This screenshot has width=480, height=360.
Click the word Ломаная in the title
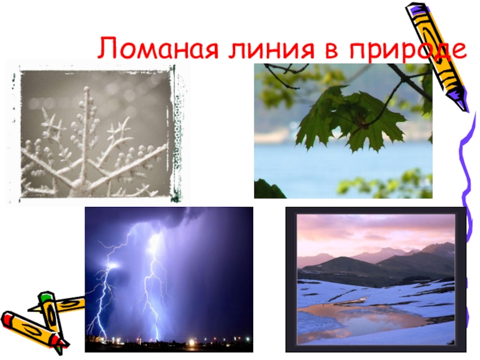tap(152, 49)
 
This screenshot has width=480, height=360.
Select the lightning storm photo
tap(169, 279)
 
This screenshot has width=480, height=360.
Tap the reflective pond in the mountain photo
tap(360, 318)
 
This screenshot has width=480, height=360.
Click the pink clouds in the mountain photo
tap(360, 231)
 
